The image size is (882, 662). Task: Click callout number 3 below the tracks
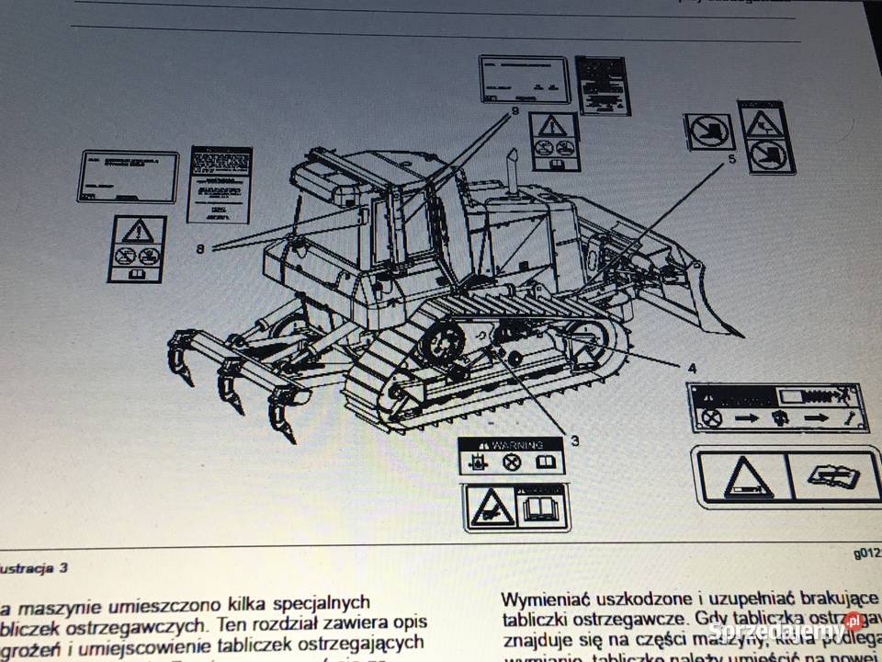pos(575,439)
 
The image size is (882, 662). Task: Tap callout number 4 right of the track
pos(692,368)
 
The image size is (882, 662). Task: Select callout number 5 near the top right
pos(731,159)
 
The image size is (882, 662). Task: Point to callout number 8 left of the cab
pos(200,246)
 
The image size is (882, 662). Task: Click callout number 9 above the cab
pos(514,111)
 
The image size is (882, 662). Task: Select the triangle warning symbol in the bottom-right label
pos(747,477)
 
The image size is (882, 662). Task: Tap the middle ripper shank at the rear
pos(230,386)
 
